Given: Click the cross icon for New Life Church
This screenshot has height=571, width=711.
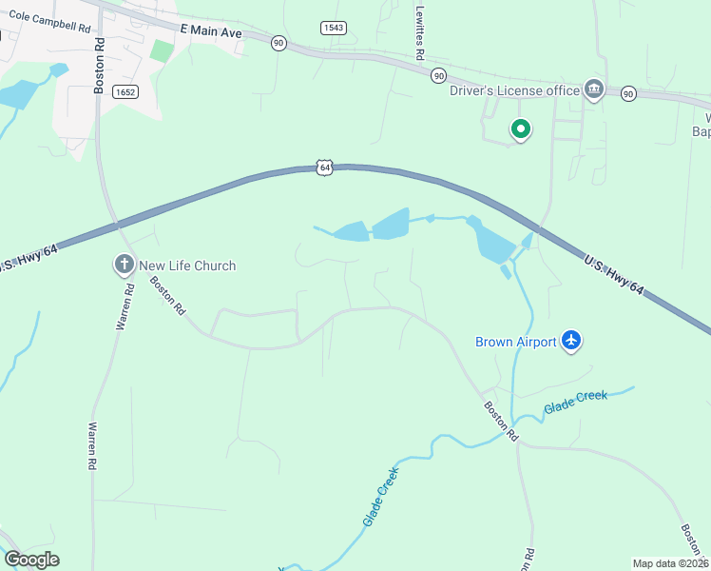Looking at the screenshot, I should point(124,266).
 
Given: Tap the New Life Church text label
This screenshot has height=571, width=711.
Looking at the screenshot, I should point(187,266).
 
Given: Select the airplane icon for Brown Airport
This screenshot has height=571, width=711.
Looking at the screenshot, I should point(570,341).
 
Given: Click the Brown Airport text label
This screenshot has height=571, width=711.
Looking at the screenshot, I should point(515,342).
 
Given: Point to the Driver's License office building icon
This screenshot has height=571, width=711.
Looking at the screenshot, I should point(595,90).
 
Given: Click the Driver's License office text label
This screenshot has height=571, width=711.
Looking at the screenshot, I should point(514,90).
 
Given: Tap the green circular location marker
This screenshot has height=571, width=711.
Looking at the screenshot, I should point(520,128).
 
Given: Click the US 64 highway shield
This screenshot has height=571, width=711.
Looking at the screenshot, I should point(325,167).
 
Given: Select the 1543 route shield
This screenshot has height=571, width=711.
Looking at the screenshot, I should point(333,28).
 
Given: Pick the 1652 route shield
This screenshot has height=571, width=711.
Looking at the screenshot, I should point(124,91).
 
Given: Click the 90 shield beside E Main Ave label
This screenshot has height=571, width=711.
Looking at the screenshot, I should point(278,43).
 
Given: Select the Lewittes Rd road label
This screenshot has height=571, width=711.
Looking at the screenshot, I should point(419,31).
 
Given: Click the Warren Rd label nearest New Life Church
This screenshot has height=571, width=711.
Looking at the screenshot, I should point(121,306).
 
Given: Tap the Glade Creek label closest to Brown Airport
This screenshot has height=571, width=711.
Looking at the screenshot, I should point(575,402).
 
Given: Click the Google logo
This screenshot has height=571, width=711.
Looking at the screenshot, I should point(31,560).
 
